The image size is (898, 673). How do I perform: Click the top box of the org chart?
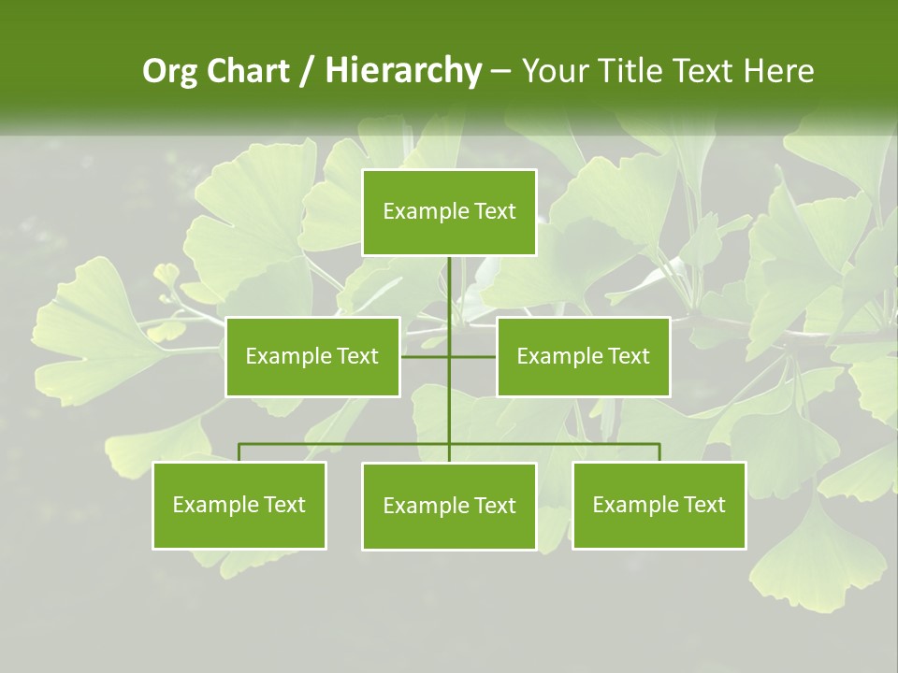point(449,212)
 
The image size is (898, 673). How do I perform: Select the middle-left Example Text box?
point(312,356)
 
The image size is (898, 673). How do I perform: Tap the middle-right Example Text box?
point(583,356)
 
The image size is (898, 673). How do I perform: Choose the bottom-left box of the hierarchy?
point(239,505)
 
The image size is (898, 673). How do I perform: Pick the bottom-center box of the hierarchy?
point(449,506)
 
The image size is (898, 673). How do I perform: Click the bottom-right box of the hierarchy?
point(659,505)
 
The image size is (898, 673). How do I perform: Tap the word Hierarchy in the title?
point(402,72)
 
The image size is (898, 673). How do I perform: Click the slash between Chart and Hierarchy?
point(307,72)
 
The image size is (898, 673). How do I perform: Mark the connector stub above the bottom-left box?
point(239,452)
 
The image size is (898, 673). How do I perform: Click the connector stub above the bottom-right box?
point(659,452)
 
